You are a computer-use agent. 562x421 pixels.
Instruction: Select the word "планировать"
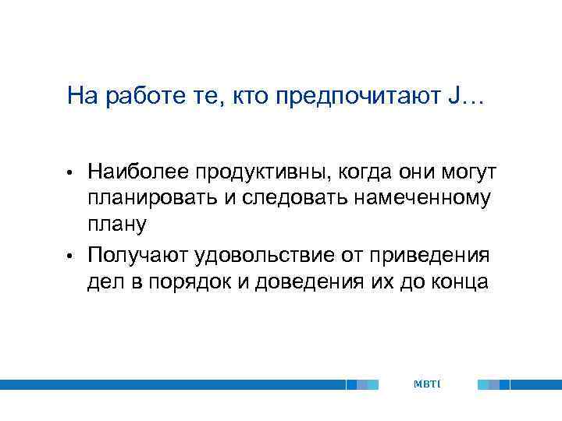152,198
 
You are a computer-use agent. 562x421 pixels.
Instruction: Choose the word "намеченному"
423,198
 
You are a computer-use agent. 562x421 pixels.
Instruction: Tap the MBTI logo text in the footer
427,384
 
